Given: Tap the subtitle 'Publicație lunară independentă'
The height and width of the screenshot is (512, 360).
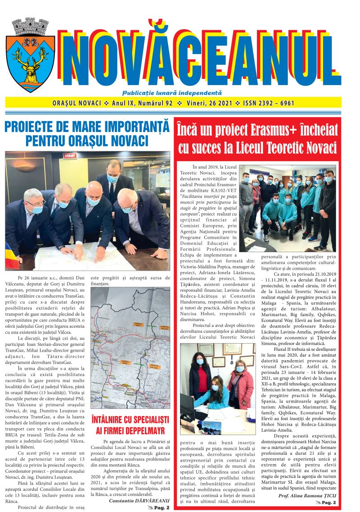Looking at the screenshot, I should click(178, 93).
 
